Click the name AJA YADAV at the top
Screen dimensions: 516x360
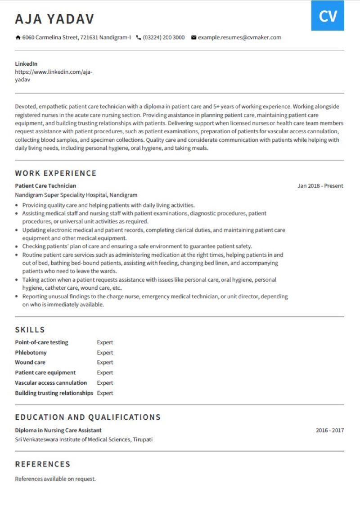pos(54,19)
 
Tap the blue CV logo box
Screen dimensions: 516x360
pos(328,16)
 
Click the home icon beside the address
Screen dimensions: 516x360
pos(18,37)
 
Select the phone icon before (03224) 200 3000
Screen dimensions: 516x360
pos(139,37)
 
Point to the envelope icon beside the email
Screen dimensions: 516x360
pos(193,37)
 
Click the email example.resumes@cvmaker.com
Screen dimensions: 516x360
pos(239,37)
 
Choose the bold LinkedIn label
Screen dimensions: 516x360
pos(26,64)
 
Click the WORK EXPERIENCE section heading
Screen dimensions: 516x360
pos(56,173)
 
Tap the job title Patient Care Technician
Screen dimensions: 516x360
pos(45,186)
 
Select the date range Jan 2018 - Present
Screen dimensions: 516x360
pos(320,186)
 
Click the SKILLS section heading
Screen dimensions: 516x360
pos(30,330)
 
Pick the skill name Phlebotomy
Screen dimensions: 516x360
pos(31,353)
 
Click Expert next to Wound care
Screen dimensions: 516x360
pos(105,363)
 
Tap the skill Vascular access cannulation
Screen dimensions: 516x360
pos(51,383)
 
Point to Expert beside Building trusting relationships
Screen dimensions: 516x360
pos(105,393)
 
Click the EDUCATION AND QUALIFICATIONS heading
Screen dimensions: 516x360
pos(88,417)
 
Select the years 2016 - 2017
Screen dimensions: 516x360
pos(330,431)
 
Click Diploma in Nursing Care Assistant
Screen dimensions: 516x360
pos(58,431)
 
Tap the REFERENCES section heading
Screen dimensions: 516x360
pos(43,464)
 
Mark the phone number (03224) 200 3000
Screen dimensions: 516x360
pos(164,37)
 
